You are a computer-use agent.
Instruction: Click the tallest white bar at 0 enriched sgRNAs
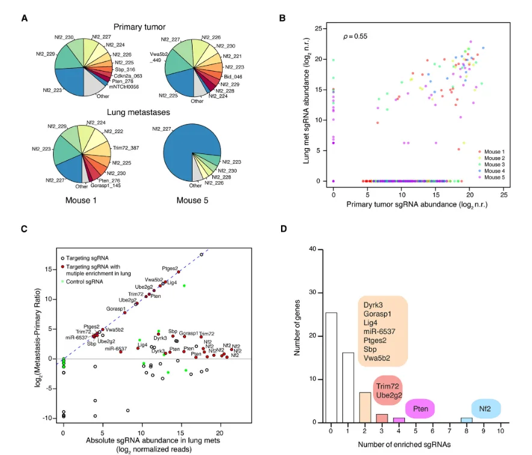331,367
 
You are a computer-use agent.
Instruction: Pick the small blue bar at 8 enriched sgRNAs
466,419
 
